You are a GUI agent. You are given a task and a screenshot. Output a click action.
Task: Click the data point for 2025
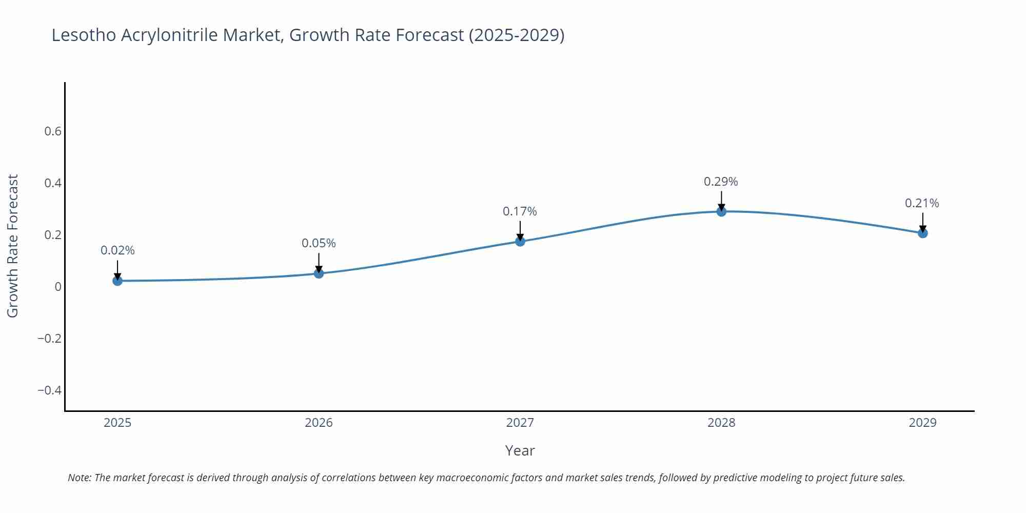point(117,281)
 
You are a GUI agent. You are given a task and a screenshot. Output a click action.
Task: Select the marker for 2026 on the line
point(319,273)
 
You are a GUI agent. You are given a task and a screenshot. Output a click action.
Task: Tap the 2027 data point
point(520,241)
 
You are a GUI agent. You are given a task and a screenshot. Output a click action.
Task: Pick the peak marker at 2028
point(721,211)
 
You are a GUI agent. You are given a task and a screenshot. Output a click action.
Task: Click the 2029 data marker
point(922,233)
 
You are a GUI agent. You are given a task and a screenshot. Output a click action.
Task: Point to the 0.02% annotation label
point(117,250)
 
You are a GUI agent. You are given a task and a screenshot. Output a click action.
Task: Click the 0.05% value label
point(319,243)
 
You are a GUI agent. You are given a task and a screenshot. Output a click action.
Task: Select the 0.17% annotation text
point(520,211)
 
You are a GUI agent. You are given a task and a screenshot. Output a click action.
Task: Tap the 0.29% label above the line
point(721,182)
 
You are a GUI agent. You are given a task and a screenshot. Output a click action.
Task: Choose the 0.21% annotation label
point(922,203)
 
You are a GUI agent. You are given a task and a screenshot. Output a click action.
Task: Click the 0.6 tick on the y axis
point(53,131)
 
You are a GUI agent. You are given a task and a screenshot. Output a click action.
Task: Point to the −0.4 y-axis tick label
point(49,390)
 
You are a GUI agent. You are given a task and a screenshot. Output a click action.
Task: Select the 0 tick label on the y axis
point(58,287)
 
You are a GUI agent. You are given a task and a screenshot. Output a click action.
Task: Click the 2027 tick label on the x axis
point(520,423)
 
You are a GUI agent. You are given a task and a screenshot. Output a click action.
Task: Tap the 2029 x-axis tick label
point(922,423)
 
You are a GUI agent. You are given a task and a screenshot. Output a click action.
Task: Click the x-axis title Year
point(520,450)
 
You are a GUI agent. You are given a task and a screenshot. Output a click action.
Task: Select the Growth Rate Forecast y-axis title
point(13,246)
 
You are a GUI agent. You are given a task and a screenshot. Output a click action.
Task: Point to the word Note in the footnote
point(79,478)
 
